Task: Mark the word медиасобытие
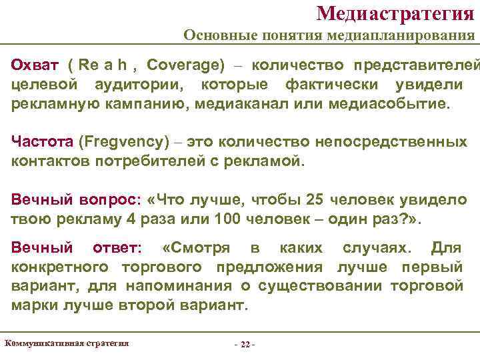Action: click(x=396, y=105)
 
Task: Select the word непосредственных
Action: click(x=403, y=142)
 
